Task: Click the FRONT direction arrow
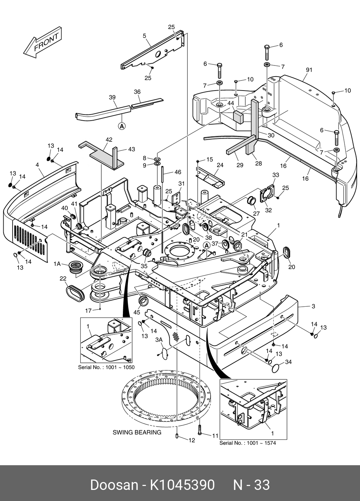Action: [43, 44]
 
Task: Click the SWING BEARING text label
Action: [137, 432]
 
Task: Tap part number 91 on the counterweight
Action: [309, 70]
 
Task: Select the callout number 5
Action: [144, 35]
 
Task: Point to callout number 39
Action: [112, 97]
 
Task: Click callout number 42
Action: [109, 140]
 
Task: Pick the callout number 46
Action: [178, 172]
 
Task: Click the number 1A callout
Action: [57, 264]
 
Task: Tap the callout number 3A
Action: [159, 339]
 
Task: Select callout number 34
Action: [288, 362]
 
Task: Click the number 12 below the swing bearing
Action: [192, 440]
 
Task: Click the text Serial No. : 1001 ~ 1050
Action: [106, 368]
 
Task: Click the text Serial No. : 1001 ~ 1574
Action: [248, 443]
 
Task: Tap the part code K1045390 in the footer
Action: [182, 485]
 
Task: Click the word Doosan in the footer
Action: [114, 485]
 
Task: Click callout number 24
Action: [220, 165]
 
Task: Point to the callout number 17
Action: [88, 311]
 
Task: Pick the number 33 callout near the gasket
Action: [275, 175]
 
